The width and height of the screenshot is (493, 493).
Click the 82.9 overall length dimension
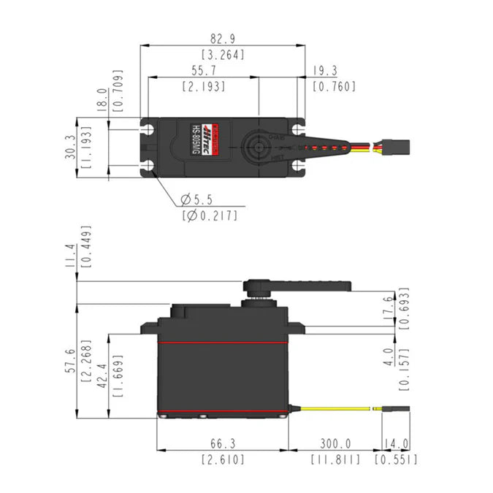point(222,37)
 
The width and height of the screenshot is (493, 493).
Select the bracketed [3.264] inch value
point(222,55)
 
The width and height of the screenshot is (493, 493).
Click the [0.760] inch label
point(334,87)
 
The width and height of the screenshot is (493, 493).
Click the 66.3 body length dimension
point(223,443)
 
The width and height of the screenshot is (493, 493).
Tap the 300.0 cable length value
point(335,443)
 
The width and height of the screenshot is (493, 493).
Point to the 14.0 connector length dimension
point(395,443)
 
